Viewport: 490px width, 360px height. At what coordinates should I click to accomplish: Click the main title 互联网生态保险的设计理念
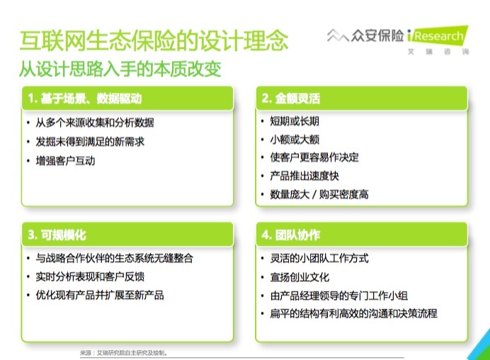(x=154, y=40)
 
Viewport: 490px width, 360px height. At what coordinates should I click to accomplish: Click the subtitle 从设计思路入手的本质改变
(x=120, y=69)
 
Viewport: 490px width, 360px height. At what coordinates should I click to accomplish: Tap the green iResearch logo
(x=438, y=35)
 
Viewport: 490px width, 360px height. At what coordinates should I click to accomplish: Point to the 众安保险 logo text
(x=377, y=35)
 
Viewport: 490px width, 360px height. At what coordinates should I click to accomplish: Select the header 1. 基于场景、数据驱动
(x=85, y=99)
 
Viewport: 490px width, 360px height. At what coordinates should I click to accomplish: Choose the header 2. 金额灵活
(x=291, y=99)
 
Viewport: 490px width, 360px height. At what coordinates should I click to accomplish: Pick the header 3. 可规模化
(x=57, y=235)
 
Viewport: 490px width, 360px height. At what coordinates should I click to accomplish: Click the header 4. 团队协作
(x=291, y=235)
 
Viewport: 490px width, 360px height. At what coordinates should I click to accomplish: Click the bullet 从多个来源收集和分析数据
(x=95, y=123)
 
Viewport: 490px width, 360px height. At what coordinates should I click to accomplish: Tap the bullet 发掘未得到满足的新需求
(x=90, y=142)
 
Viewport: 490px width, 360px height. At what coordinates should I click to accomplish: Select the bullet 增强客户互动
(x=65, y=161)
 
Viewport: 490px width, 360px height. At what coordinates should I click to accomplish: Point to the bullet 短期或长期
(x=295, y=121)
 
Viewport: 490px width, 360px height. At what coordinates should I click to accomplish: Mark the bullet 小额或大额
(x=295, y=139)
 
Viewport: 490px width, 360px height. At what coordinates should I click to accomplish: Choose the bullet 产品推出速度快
(x=304, y=176)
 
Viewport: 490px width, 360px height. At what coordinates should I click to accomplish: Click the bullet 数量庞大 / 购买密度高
(x=319, y=194)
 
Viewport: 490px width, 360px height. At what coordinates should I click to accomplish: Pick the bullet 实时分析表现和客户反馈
(x=90, y=276)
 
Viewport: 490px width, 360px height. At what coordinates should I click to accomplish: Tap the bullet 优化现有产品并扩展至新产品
(x=100, y=295)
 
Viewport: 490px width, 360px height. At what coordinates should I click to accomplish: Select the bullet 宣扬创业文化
(x=300, y=277)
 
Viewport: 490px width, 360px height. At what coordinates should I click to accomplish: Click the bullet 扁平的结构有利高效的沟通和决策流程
(x=354, y=313)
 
